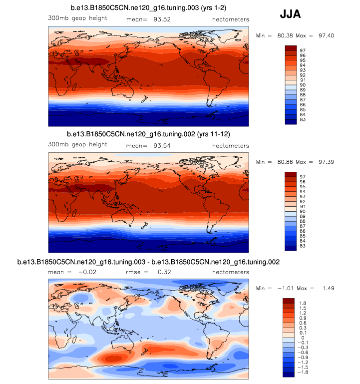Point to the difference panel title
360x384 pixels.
[148, 262]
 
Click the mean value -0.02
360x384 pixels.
[87, 272]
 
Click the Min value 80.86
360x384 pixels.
[283, 162]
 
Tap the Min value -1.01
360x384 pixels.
[283, 288]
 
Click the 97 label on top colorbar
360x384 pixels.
[302, 50]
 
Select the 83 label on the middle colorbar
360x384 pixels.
[302, 246]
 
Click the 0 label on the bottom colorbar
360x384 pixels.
[301, 338]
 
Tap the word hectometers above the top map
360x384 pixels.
[231, 19]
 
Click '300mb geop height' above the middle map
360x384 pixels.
[77, 145]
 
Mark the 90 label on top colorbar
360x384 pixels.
[302, 85]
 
